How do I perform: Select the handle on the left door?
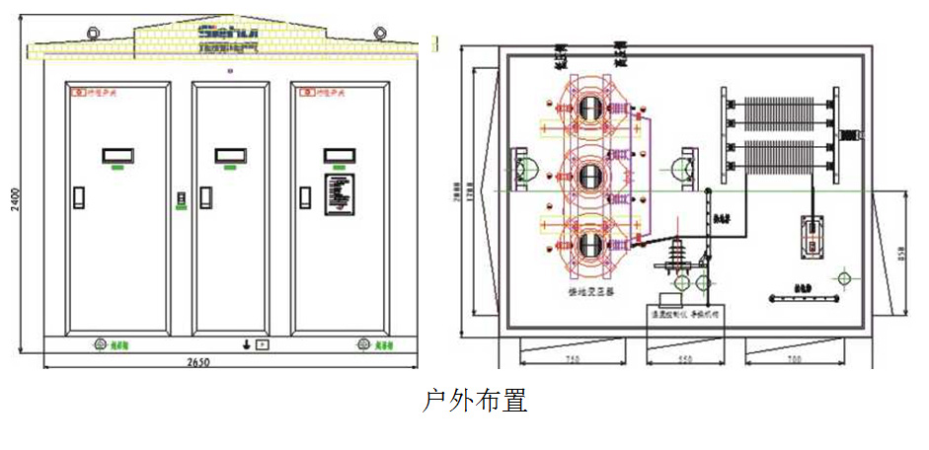(79, 196)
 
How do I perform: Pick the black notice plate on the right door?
(340, 191)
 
